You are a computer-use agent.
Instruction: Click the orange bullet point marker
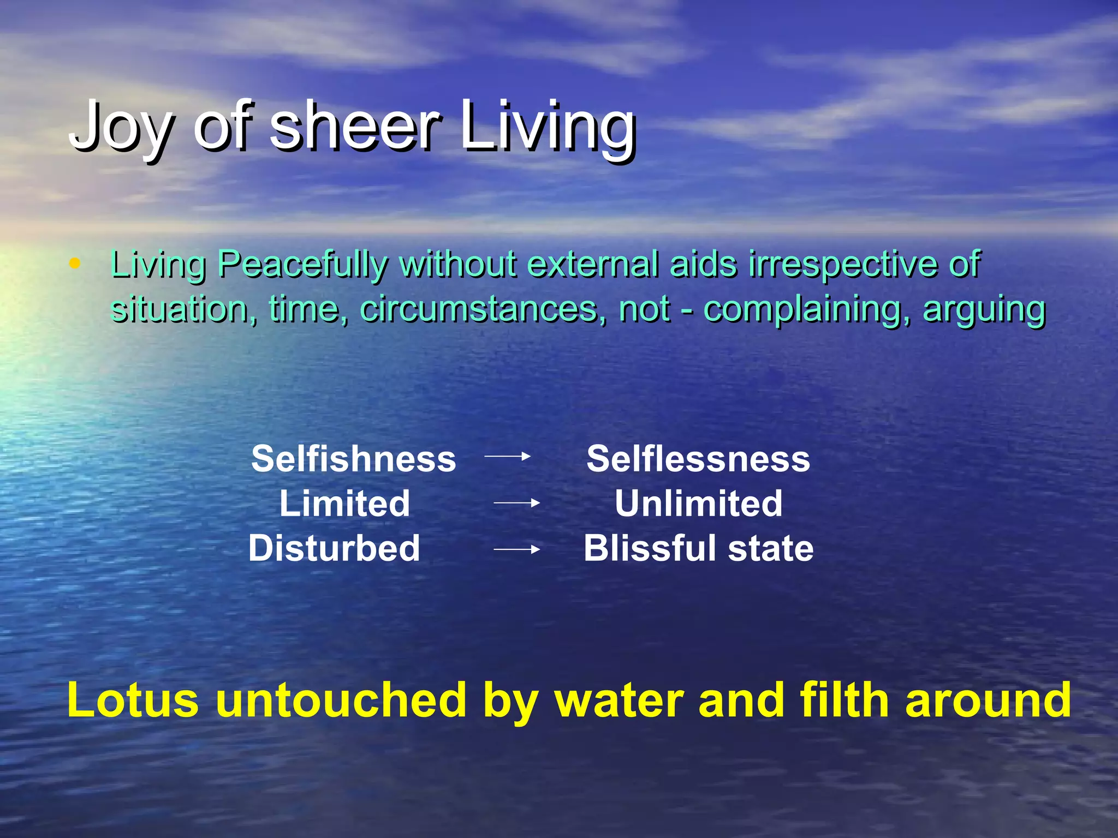click(75, 264)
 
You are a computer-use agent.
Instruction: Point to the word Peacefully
click(302, 265)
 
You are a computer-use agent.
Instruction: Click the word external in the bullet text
click(593, 264)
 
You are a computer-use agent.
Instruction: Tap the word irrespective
click(844, 265)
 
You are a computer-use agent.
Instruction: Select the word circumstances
click(483, 309)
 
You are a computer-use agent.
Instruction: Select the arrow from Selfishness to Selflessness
click(507, 456)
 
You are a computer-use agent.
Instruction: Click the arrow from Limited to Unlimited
click(516, 503)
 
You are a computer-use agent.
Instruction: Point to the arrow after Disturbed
click(516, 549)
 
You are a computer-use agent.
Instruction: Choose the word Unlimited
click(698, 503)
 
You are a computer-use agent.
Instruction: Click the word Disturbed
click(334, 548)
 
